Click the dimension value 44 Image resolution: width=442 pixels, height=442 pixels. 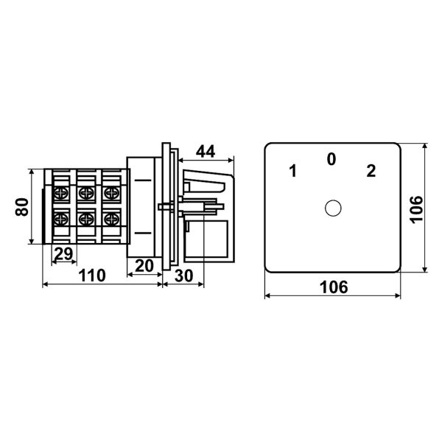(206, 151)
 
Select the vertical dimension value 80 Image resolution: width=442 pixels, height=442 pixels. (22, 207)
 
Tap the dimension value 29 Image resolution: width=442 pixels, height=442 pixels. (63, 253)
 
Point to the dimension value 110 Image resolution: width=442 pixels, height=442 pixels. (92, 276)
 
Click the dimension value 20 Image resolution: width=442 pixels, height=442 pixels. (144, 265)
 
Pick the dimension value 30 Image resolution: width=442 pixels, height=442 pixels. (183, 276)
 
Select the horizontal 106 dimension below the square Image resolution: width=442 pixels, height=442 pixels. (334, 287)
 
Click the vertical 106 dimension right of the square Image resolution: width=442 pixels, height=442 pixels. (417, 209)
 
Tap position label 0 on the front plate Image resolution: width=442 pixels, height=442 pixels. (331, 159)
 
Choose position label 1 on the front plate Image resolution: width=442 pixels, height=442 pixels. (293, 171)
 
